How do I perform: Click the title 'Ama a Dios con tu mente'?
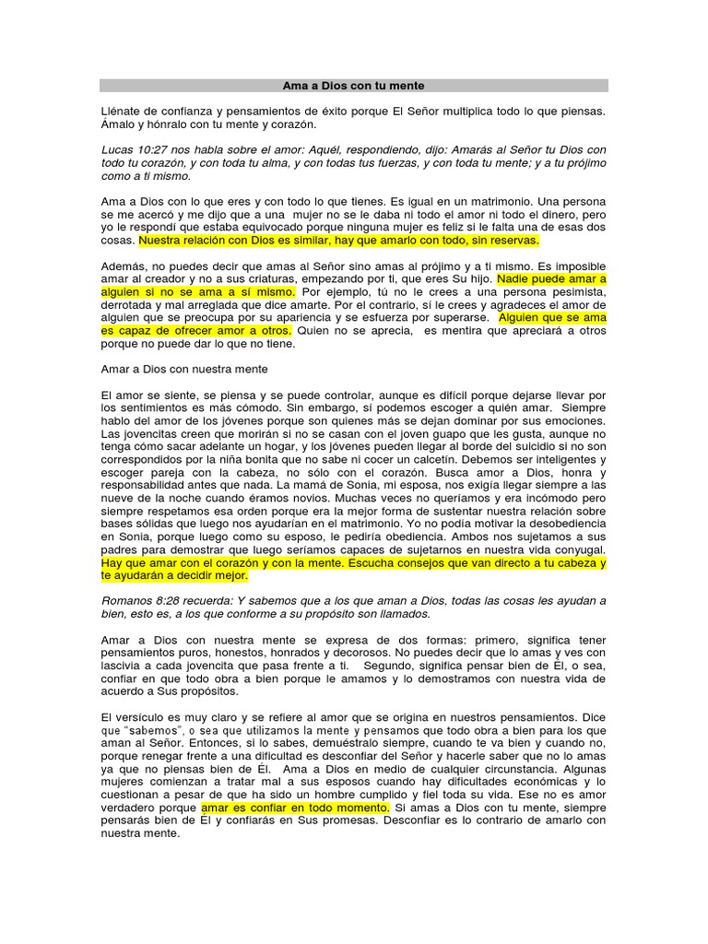tap(353, 86)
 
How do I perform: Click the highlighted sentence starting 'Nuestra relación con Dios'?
tap(338, 240)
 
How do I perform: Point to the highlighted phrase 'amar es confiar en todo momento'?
tap(295, 808)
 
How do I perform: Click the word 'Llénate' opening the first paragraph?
tap(123, 111)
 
